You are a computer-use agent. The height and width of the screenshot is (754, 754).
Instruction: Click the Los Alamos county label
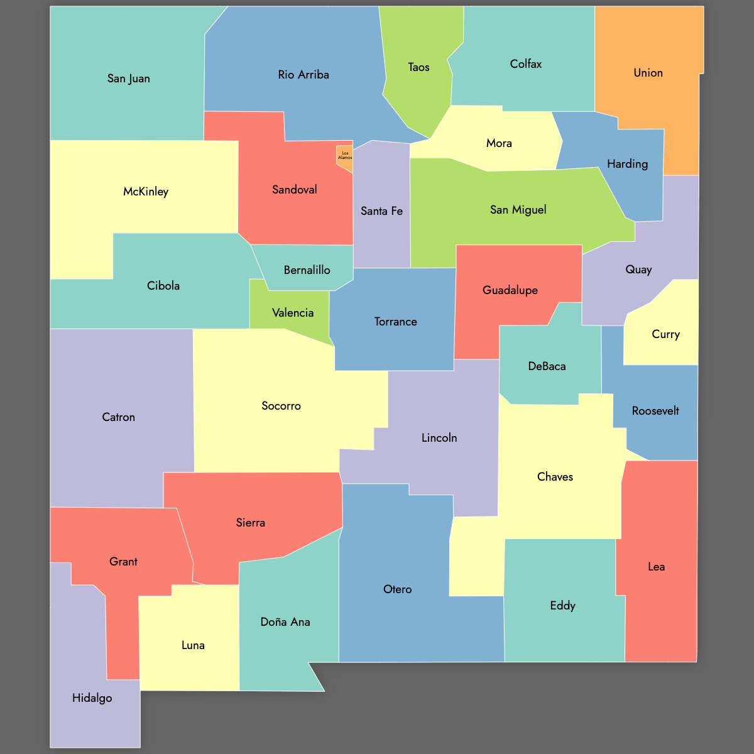click(x=345, y=155)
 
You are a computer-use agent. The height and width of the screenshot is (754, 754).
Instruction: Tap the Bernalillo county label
click(x=307, y=270)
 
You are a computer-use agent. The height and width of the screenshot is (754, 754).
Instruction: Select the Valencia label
click(x=293, y=313)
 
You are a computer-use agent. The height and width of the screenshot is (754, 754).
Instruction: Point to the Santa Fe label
click(x=381, y=211)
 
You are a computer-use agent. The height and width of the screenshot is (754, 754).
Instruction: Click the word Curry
click(x=665, y=334)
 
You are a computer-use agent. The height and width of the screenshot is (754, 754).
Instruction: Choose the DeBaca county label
click(x=547, y=366)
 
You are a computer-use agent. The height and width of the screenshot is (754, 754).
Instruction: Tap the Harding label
click(x=627, y=164)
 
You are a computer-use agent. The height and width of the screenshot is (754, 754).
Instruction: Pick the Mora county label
click(x=499, y=143)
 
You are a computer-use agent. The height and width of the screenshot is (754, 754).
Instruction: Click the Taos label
click(x=418, y=67)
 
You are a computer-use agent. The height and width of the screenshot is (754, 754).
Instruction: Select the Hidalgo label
click(x=92, y=698)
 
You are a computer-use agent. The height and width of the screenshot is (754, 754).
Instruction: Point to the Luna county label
click(x=193, y=645)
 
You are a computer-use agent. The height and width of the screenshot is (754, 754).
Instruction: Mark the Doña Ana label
click(x=285, y=622)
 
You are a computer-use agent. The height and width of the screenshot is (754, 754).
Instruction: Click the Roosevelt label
click(x=655, y=411)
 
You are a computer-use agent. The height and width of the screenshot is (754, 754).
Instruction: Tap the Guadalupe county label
click(x=510, y=290)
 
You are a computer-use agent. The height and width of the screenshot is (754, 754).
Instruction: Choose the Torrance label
click(x=395, y=322)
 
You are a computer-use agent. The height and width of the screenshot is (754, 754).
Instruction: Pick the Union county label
click(x=648, y=73)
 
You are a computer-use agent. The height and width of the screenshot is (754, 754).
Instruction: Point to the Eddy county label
click(x=562, y=606)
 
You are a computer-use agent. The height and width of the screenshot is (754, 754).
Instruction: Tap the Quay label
click(x=638, y=270)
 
